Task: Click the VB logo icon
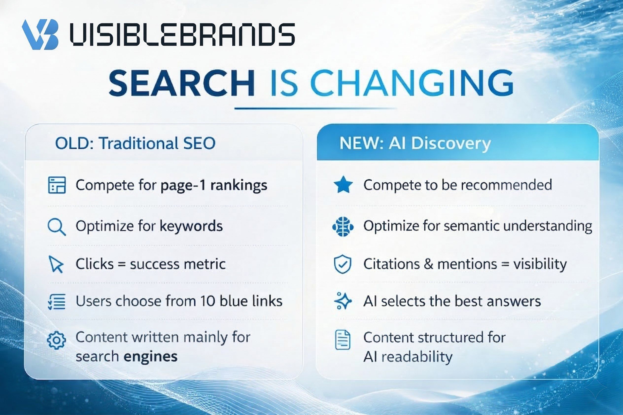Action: [40, 35]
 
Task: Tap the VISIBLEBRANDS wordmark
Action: [182, 34]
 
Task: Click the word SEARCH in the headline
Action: [182, 83]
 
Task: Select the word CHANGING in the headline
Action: [412, 83]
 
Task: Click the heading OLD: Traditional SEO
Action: [135, 143]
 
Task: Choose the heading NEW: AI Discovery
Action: [415, 144]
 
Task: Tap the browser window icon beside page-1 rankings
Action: [57, 185]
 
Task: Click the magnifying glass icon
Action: [57, 227]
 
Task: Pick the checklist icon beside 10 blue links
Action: [57, 302]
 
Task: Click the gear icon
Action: [56, 340]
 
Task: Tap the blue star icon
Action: [343, 185]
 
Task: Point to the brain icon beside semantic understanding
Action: [343, 226]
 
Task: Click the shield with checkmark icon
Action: [343, 264]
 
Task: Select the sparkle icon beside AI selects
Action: [343, 301]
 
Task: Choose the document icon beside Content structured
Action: [343, 340]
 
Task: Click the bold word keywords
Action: [191, 226]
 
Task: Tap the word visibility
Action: [540, 264]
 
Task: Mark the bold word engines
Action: [151, 357]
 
